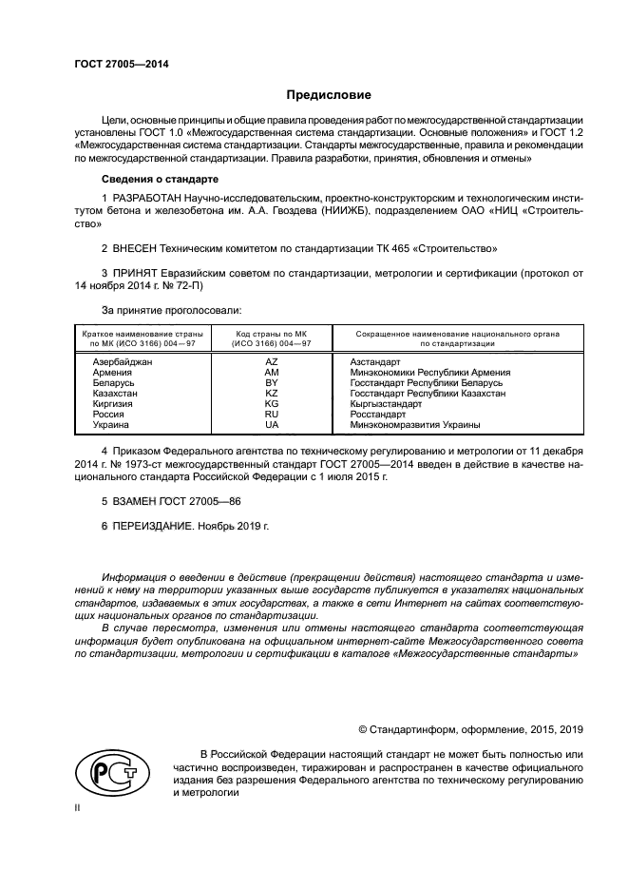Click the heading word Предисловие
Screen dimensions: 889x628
pyautogui.click(x=330, y=95)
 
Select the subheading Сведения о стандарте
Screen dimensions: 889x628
pyautogui.click(x=160, y=179)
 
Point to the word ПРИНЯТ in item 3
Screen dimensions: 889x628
pyautogui.click(x=139, y=274)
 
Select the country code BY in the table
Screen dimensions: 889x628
pyautogui.click(x=271, y=382)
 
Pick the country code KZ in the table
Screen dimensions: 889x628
pyautogui.click(x=271, y=393)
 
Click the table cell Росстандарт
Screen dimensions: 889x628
pyautogui.click(x=378, y=414)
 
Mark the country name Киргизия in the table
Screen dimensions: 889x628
pyautogui.click(x=113, y=403)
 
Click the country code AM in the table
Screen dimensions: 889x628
pyautogui.click(x=271, y=373)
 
